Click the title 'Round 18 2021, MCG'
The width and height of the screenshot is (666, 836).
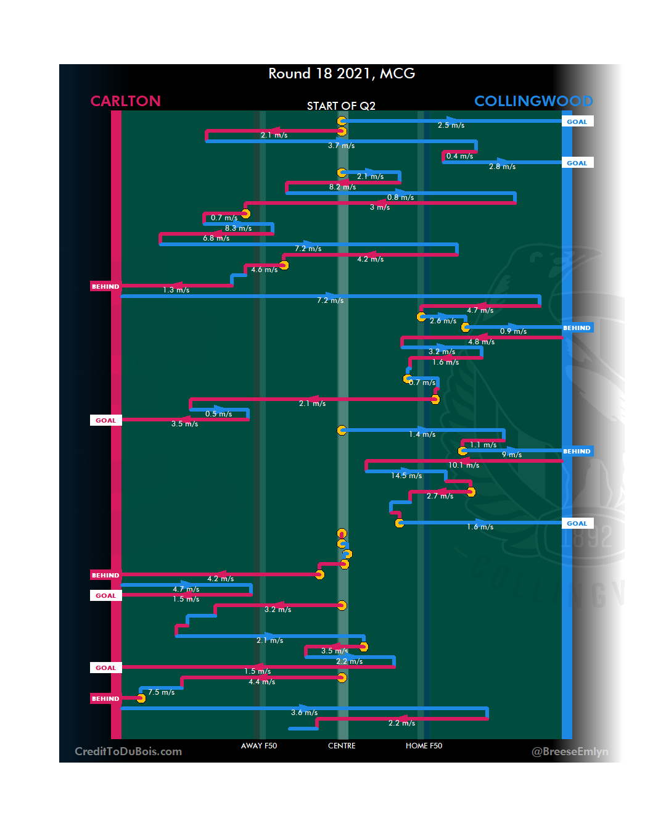click(x=342, y=73)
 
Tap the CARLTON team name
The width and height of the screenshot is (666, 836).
click(x=125, y=101)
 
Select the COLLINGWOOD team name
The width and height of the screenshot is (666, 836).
click(x=533, y=101)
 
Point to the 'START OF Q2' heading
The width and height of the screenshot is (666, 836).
click(x=341, y=106)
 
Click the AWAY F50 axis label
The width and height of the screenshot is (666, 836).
click(x=259, y=746)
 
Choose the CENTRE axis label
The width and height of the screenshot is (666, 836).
click(x=342, y=746)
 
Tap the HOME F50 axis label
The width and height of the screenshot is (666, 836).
click(x=424, y=746)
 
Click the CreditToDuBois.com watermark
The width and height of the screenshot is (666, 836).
click(x=128, y=751)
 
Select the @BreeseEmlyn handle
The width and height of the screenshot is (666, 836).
click(x=570, y=751)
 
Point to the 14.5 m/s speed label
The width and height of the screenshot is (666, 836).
click(x=406, y=476)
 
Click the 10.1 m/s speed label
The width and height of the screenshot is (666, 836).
click(x=464, y=465)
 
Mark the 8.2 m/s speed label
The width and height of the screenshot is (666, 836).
click(x=342, y=187)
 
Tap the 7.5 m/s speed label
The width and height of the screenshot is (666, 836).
click(x=161, y=692)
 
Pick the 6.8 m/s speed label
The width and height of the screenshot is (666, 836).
click(x=216, y=238)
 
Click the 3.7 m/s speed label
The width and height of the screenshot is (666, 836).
click(x=341, y=146)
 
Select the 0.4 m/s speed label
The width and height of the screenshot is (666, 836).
click(x=459, y=156)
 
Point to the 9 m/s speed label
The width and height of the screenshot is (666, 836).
click(x=511, y=455)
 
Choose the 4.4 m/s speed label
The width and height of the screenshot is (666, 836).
click(x=261, y=682)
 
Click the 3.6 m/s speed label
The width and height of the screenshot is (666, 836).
click(x=304, y=713)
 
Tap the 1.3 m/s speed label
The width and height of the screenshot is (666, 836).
click(x=176, y=290)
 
